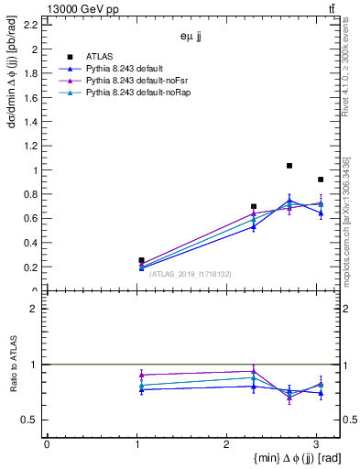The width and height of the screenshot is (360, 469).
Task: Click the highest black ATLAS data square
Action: pos(289,166)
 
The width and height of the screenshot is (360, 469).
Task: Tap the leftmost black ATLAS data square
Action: pos(141,260)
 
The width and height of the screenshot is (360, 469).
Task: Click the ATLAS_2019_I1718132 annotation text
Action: pos(189,273)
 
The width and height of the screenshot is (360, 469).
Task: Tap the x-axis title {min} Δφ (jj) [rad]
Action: pos(288,458)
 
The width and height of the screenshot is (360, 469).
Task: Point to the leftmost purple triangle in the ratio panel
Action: pos(141,375)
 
